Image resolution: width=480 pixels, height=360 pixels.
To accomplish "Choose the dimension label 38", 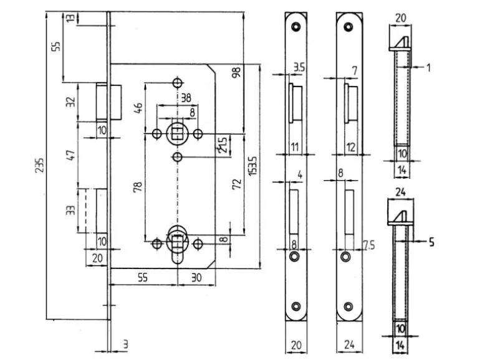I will click(185, 97).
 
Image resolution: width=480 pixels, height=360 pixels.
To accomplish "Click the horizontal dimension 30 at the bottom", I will click(196, 278).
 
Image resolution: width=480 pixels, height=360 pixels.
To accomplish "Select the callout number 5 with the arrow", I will click(431, 239).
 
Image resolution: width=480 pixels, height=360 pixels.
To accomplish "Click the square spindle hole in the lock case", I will click(177, 133).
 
